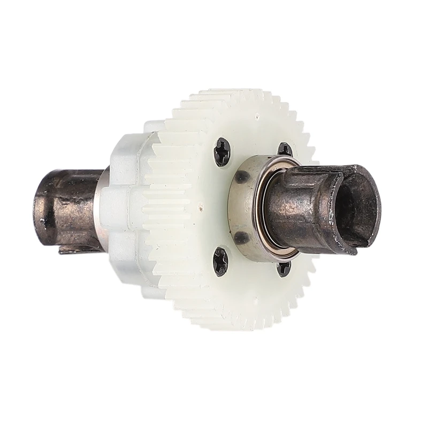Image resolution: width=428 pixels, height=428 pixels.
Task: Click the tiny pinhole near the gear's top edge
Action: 257,114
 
